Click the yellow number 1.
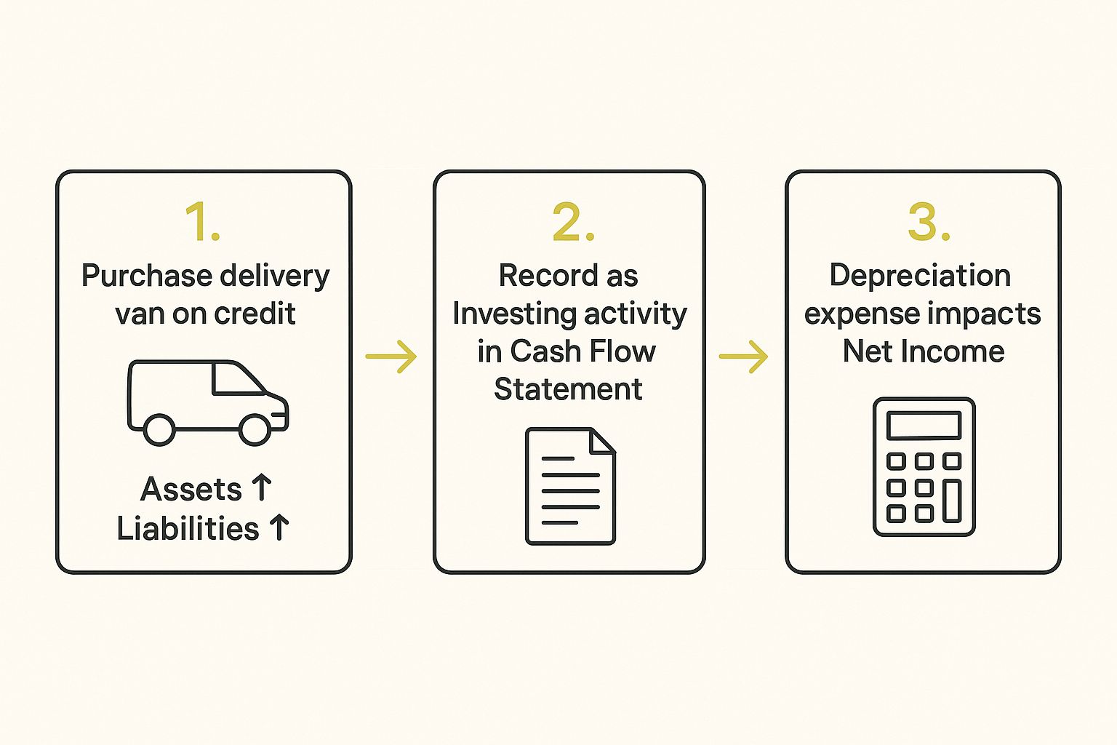(x=201, y=222)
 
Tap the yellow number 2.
(x=572, y=222)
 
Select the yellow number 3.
(x=928, y=222)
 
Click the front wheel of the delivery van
(x=255, y=429)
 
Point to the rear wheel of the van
(x=159, y=429)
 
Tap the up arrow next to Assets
(x=261, y=488)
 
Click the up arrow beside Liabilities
(x=279, y=527)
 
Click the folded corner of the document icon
(x=603, y=441)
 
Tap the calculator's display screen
(x=924, y=425)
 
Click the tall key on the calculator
(x=951, y=501)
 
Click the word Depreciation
(x=920, y=276)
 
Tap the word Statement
(x=568, y=390)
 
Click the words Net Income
(x=924, y=352)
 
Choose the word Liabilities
(x=188, y=529)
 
